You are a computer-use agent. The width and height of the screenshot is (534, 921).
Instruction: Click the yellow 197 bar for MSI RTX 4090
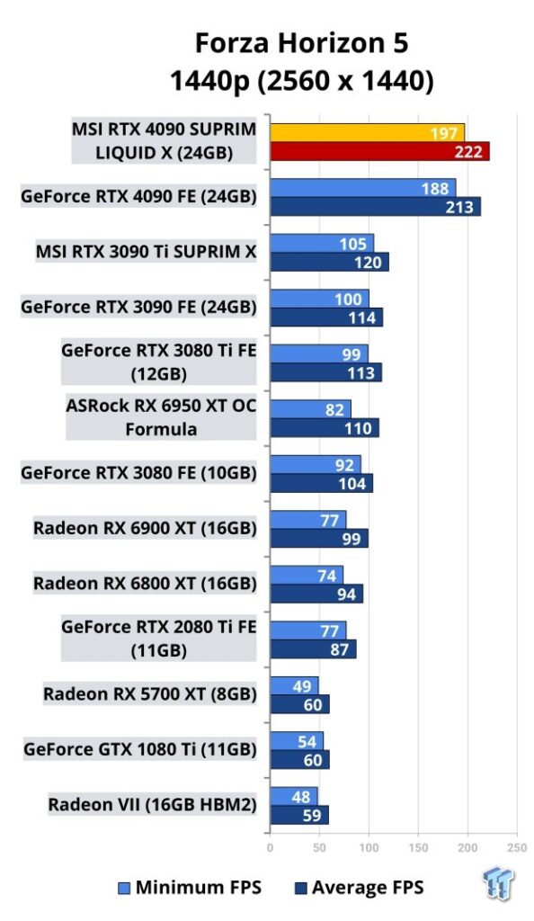coord(368,133)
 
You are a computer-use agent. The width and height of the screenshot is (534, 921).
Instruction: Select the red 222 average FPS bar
coord(379,151)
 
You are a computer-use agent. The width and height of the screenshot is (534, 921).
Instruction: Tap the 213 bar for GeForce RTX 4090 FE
coord(376,207)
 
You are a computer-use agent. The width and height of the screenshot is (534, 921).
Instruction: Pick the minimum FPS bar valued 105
coord(322,243)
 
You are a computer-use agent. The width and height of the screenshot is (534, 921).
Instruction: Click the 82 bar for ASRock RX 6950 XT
coord(310,409)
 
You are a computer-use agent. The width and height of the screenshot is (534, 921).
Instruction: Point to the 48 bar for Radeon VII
coord(294,797)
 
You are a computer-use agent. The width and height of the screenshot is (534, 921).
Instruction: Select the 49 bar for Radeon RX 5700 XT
coord(295,685)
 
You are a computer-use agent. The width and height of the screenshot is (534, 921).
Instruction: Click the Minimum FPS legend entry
coord(190,888)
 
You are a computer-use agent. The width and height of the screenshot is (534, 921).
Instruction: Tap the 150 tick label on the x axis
coord(418,847)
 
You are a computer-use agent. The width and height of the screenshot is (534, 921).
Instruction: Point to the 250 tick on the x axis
coord(517,847)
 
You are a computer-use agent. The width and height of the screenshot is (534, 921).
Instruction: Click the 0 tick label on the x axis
coord(270,847)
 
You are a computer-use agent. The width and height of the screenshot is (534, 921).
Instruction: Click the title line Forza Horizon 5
coord(302,43)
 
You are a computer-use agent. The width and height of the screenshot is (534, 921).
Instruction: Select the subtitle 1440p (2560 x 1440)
coord(302,80)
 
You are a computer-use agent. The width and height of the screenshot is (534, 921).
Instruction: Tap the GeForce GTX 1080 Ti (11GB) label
coord(140,749)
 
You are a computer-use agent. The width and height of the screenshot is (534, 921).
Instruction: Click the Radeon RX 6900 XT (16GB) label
coord(145,528)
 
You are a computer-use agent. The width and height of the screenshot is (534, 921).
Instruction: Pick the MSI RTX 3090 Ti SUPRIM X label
coord(147,252)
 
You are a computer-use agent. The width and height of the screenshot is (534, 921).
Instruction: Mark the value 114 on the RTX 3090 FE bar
coord(362,317)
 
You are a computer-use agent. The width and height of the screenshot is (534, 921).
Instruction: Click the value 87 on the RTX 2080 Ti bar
coord(340,649)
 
